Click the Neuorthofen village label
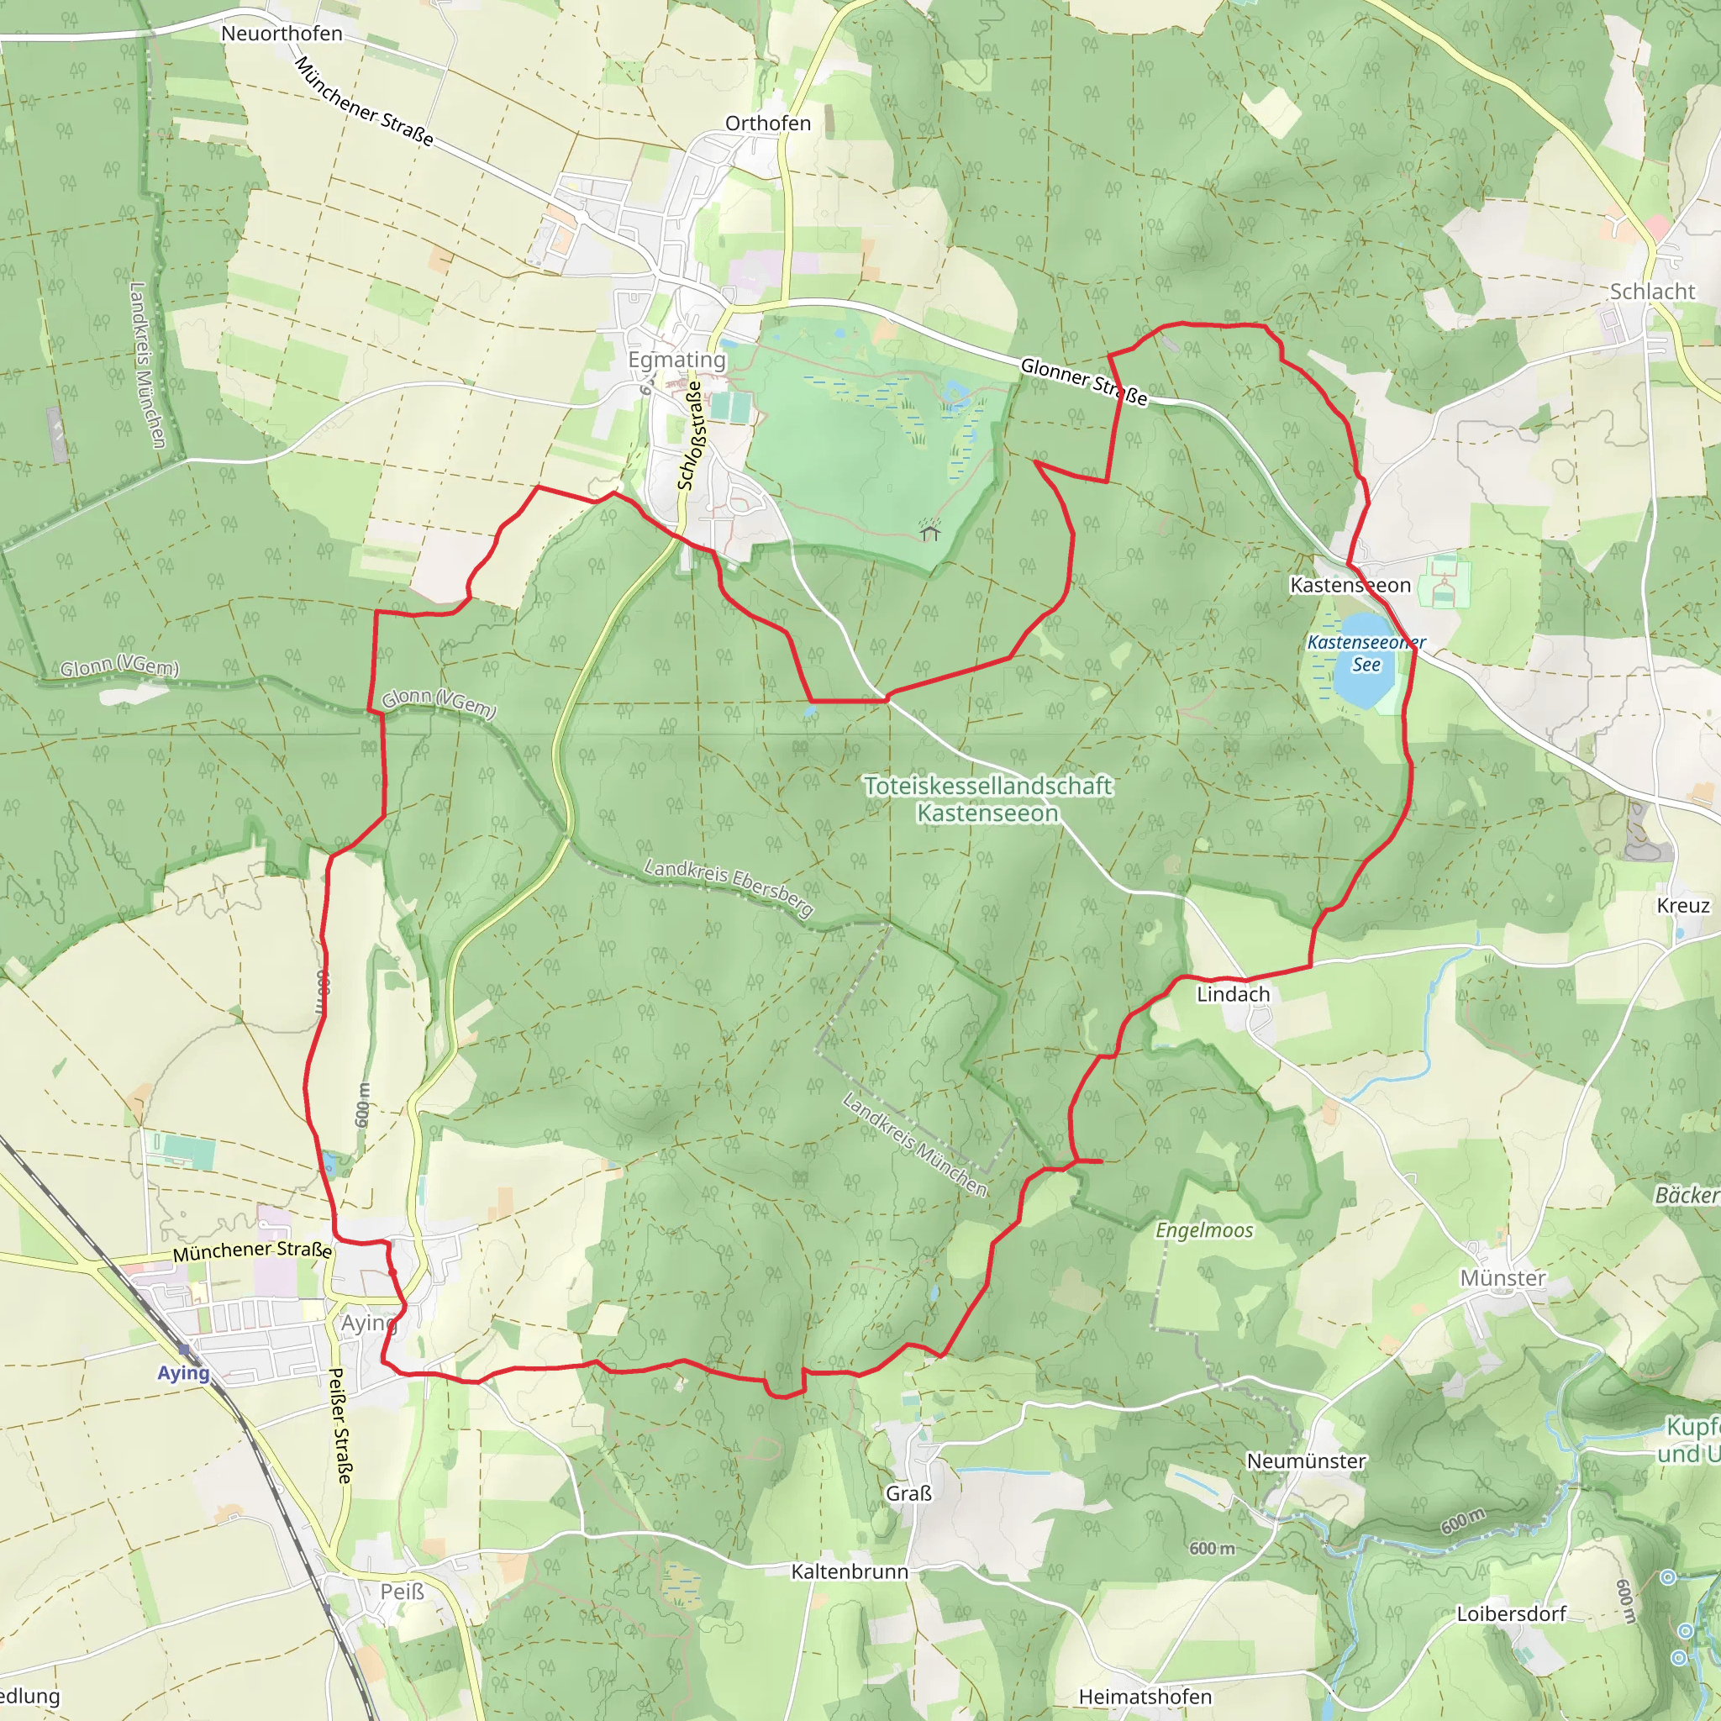282,34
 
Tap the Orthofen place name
768,124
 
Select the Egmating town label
677,360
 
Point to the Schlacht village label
1652,292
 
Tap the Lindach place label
1233,994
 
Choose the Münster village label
1503,1278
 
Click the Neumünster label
1306,1460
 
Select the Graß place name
908,1493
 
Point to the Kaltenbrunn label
850,1571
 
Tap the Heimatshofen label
1145,1697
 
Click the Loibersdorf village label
1512,1613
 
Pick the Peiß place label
402,1591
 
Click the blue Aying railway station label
183,1373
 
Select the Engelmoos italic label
1204,1230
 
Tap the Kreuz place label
1683,906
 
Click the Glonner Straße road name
1083,382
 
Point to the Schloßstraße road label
691,435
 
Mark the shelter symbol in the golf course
930,532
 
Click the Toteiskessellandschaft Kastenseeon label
988,799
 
